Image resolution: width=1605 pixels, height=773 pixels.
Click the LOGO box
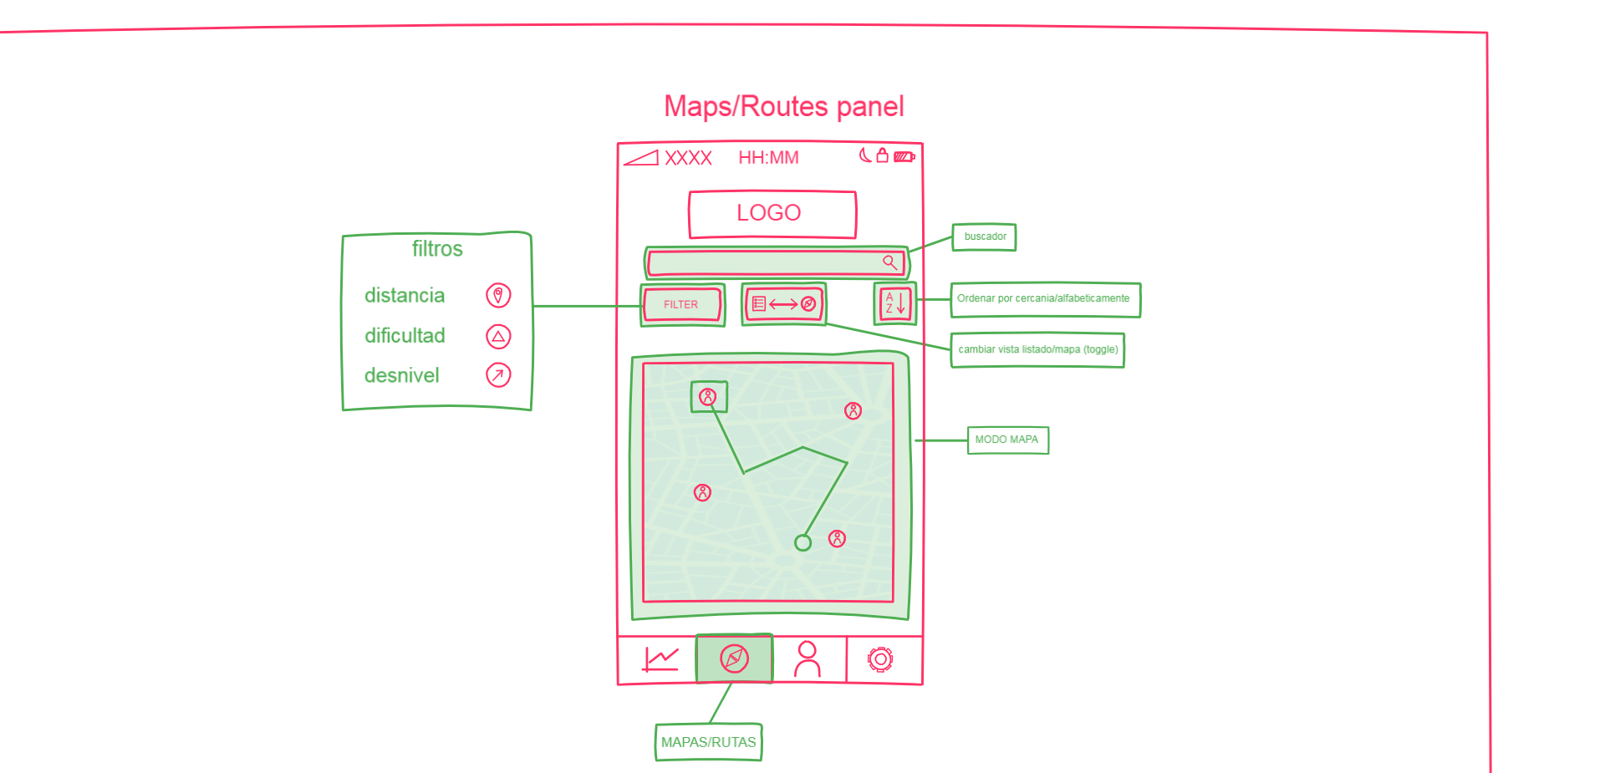[772, 214]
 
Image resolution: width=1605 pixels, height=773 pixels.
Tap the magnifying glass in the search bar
[890, 262]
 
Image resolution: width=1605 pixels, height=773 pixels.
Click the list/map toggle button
[783, 304]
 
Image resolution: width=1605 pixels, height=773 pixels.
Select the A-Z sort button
[895, 303]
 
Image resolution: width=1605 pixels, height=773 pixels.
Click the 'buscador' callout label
[985, 237]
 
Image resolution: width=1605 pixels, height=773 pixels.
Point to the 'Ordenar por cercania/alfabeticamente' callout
[1046, 299]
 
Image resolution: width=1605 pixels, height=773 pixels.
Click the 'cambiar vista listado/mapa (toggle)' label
[1037, 350]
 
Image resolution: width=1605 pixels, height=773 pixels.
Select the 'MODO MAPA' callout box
[1007, 440]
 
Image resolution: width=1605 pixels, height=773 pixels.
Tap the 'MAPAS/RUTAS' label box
[709, 742]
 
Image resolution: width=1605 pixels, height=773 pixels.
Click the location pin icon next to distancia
[498, 295]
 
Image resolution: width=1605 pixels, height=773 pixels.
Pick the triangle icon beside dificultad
[498, 336]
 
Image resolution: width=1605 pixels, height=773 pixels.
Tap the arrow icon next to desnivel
[498, 375]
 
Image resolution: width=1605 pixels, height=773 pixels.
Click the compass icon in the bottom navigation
[734, 659]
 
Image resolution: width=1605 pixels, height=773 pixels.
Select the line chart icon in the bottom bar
[660, 659]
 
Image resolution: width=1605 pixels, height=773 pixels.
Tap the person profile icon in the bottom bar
[808, 659]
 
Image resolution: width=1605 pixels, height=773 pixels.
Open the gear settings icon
[880, 659]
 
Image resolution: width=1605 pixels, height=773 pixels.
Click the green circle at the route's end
[802, 543]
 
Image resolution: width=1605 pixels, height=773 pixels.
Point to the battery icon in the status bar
[904, 156]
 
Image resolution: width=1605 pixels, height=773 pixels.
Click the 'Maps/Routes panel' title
[784, 107]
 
